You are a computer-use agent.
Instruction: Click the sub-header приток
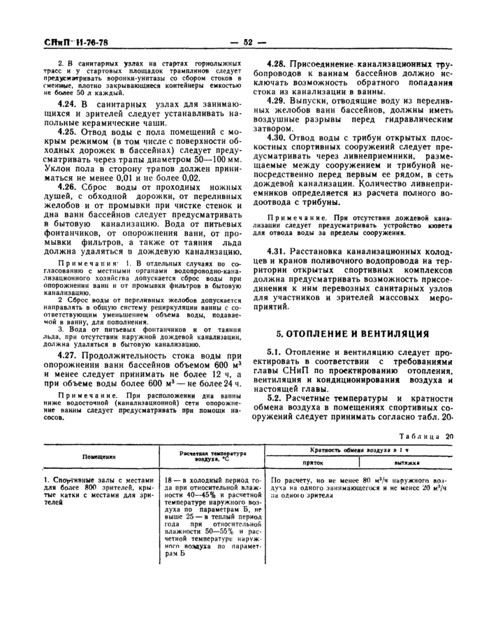click(x=312, y=462)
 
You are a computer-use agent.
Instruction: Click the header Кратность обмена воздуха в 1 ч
click(x=360, y=450)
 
